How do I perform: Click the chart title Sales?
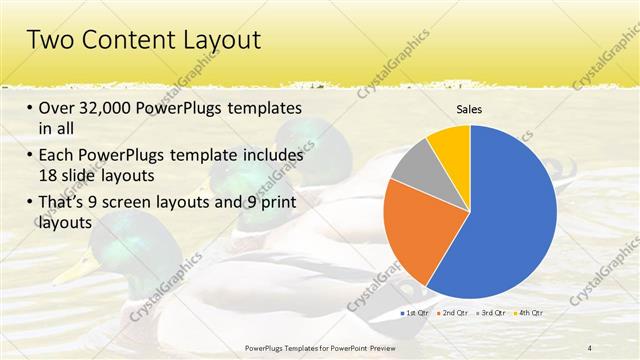pos(470,110)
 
